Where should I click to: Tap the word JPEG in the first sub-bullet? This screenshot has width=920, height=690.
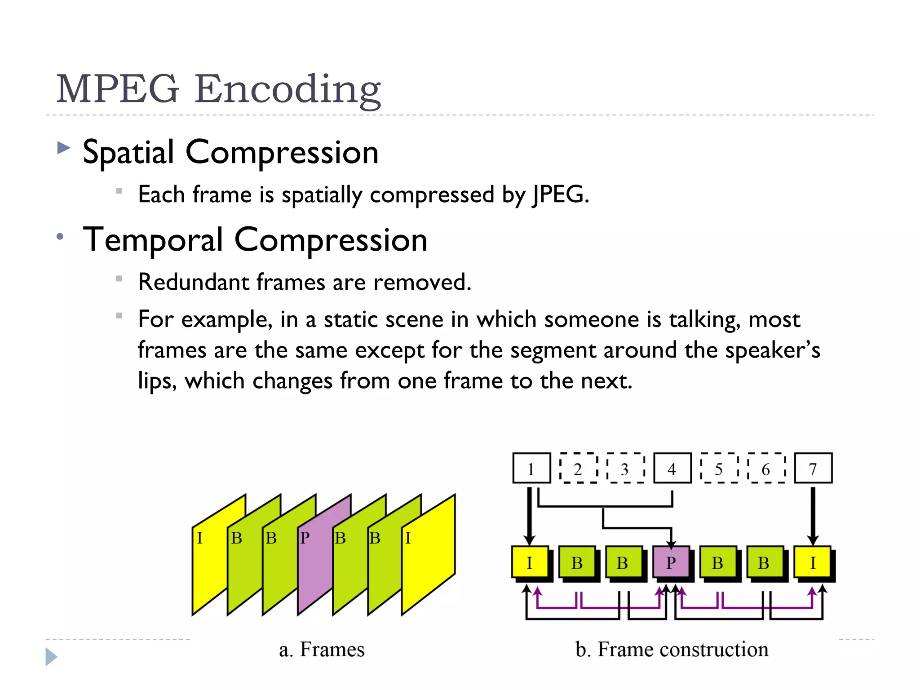(560, 195)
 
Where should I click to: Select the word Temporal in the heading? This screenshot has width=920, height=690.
(153, 239)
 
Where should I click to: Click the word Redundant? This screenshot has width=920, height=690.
(194, 282)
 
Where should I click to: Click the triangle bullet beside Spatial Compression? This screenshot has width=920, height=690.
(64, 148)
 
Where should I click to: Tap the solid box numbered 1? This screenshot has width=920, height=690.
(531, 468)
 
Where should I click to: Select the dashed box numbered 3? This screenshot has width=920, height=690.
(625, 468)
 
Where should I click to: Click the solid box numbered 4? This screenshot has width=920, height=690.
(672, 468)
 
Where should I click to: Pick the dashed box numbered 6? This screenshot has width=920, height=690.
(766, 468)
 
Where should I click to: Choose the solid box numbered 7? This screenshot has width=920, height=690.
(813, 468)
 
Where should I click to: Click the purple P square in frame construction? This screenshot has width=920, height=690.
(671, 562)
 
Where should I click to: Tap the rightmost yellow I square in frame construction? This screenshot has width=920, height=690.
(812, 562)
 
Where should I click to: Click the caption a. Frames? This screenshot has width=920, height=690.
(322, 650)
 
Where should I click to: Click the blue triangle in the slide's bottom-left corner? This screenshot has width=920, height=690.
(51, 657)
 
